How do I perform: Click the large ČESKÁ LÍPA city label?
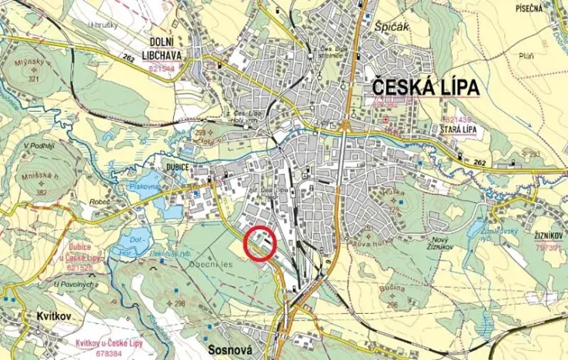tap(426, 87)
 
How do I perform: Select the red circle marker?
tap(260, 245)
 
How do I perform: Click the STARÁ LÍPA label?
tap(459, 131)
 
